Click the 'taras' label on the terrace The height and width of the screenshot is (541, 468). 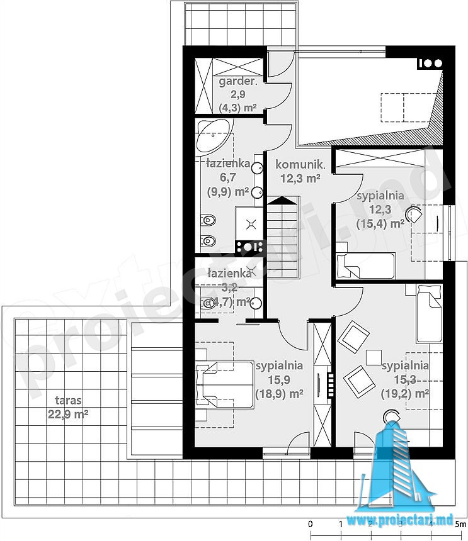(68, 400)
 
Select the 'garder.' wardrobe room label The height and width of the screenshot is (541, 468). (237, 82)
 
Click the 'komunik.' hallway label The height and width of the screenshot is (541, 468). (300, 164)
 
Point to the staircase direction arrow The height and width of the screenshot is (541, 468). (283, 200)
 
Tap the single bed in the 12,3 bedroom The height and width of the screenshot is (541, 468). (365, 265)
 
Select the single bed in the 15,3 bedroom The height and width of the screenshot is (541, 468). (429, 313)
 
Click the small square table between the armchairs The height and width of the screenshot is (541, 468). (374, 357)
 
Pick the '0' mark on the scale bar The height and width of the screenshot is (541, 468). (310, 524)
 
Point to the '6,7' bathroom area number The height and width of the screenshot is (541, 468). (228, 177)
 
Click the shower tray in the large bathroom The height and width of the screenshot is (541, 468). (249, 225)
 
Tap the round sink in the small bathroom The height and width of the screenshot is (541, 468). (256, 303)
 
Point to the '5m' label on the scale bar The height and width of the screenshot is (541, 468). (460, 524)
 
